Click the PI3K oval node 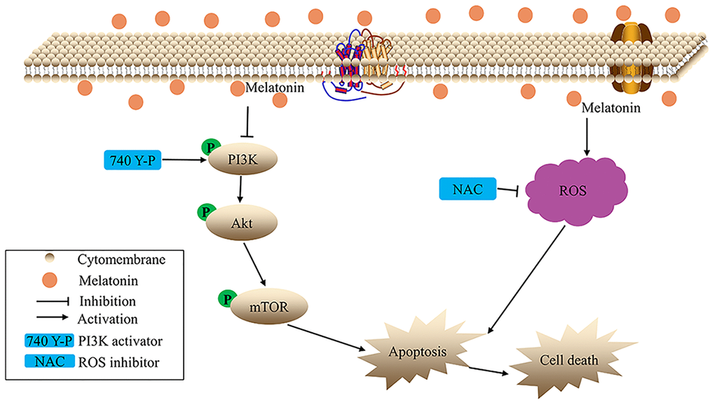(242, 160)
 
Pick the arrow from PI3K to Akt (240, 191)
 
